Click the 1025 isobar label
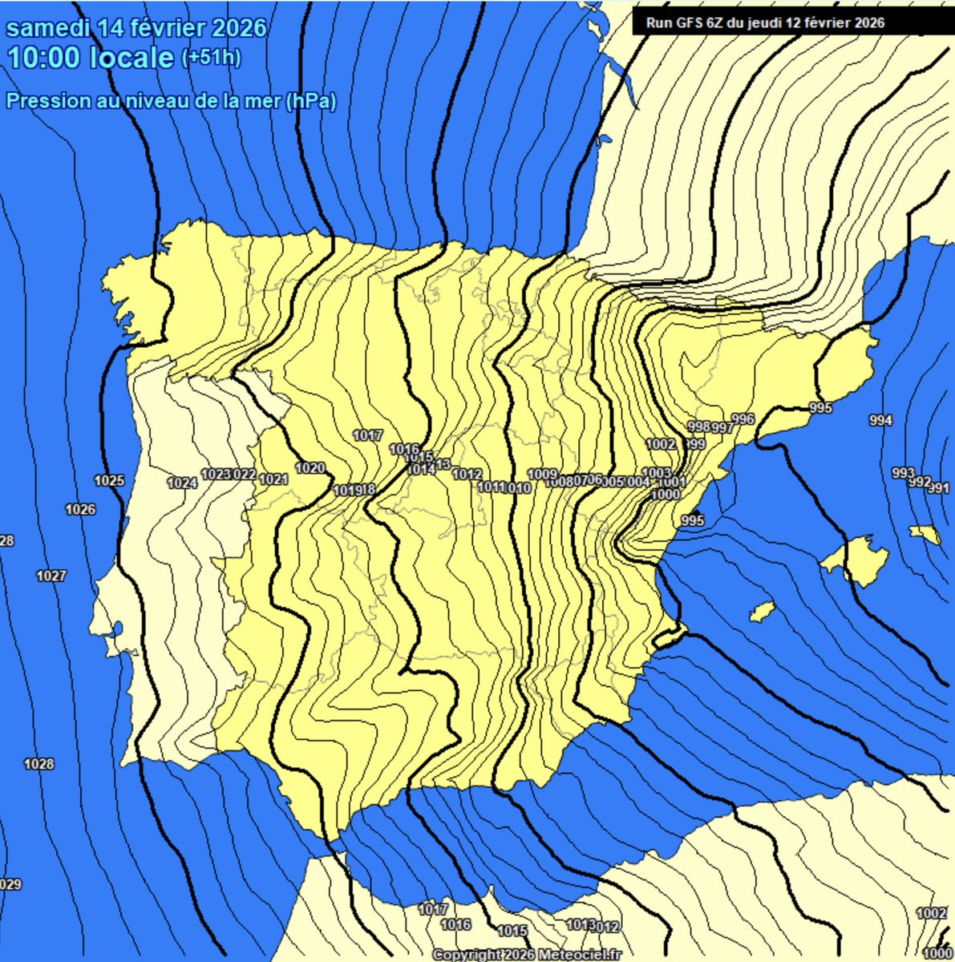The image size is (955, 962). pos(110,481)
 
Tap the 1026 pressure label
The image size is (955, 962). pos(80,509)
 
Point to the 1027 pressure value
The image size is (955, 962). pos(51,576)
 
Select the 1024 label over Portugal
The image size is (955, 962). pos(182,483)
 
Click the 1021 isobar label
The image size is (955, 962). pos(273,479)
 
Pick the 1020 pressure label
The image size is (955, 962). pos(310,468)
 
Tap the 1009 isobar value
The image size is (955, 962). pos(542,474)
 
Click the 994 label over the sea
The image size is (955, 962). pos(880,420)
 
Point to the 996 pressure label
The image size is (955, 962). pos(743,419)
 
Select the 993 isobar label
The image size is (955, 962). pos(903,473)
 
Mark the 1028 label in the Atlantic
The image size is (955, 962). pos(38,764)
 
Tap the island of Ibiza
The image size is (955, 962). pos(761,612)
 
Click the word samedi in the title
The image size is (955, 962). pos(48,28)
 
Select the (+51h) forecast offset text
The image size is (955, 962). pos(212,58)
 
